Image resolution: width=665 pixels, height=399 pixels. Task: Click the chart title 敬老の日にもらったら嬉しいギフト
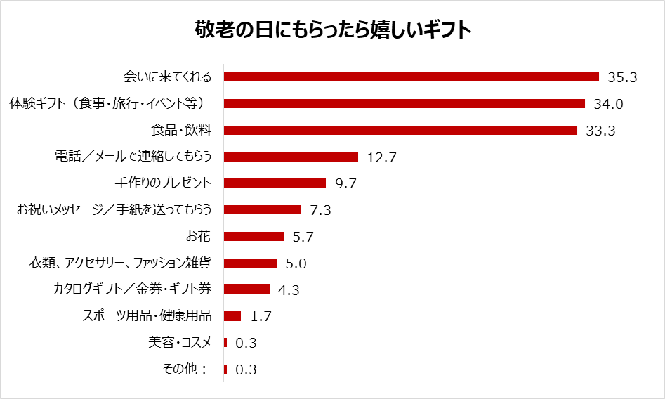point(332,32)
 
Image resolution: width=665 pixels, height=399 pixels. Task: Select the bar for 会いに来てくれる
point(411,77)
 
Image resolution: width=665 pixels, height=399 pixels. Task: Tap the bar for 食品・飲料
point(400,130)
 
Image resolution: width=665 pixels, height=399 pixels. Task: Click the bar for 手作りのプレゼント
point(275,183)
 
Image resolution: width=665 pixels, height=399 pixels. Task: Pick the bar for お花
point(254,236)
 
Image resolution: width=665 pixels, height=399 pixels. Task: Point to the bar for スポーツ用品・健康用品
point(232,316)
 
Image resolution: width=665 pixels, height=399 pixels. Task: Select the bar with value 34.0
point(404,104)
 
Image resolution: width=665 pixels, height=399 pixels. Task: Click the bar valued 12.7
point(291,157)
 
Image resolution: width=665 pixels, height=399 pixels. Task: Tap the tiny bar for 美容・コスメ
point(225,342)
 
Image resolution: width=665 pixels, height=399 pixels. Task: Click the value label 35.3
point(622,78)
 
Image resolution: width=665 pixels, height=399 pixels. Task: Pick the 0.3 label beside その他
point(246,369)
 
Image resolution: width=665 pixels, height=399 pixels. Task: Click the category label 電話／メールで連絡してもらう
point(133,157)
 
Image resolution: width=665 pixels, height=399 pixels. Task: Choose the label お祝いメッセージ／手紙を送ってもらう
point(114,209)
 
